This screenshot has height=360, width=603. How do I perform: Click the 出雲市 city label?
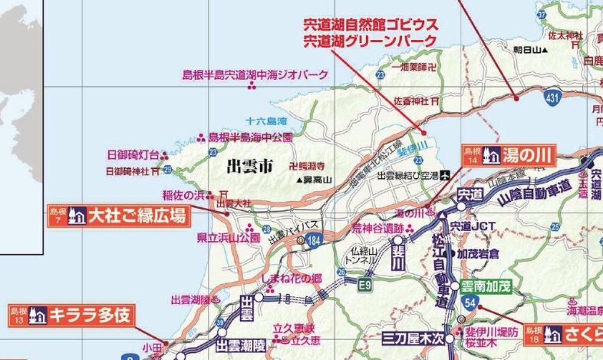click(x=245, y=163)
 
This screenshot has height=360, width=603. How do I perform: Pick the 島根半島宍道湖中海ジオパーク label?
click(x=255, y=74)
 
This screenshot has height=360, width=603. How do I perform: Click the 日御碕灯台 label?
click(x=133, y=154)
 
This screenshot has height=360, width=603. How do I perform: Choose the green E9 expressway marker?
click(x=367, y=285)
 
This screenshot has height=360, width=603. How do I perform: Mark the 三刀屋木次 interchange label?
click(x=414, y=337)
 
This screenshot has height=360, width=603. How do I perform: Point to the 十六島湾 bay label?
click(x=266, y=121)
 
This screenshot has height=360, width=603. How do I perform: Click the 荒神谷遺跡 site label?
click(x=377, y=227)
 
